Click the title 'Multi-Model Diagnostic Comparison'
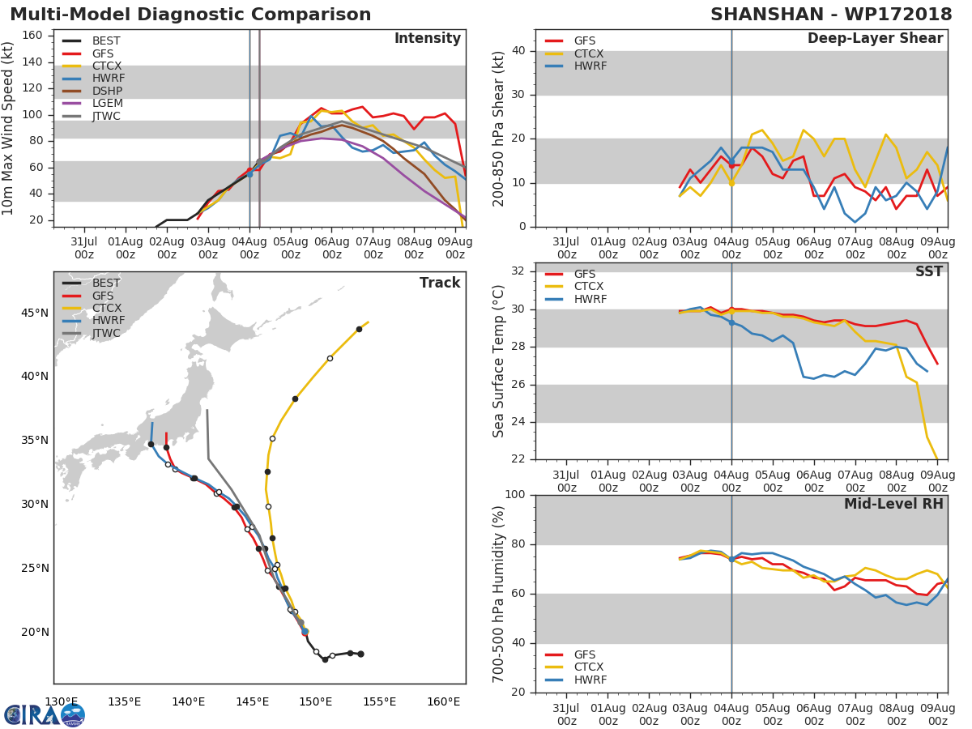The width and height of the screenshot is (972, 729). point(190,15)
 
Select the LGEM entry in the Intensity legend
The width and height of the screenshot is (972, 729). point(107,104)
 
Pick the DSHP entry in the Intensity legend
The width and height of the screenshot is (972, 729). point(107,92)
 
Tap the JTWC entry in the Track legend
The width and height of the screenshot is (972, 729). point(106,333)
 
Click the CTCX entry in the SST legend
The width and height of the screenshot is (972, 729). point(588,286)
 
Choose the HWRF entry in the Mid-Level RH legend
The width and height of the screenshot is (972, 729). point(590,680)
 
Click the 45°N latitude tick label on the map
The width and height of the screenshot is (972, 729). point(35,313)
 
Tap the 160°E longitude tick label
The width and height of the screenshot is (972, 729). point(443,701)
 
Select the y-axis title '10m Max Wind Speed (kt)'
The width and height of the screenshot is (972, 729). point(9,130)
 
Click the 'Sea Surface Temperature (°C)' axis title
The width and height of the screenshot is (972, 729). point(499,360)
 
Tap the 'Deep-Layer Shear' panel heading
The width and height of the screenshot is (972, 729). point(875,39)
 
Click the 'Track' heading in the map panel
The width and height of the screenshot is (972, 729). point(440,283)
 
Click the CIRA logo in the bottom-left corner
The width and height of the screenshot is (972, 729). point(45,714)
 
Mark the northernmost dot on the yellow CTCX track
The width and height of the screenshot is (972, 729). point(359,329)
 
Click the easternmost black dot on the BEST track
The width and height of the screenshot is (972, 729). point(360,654)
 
